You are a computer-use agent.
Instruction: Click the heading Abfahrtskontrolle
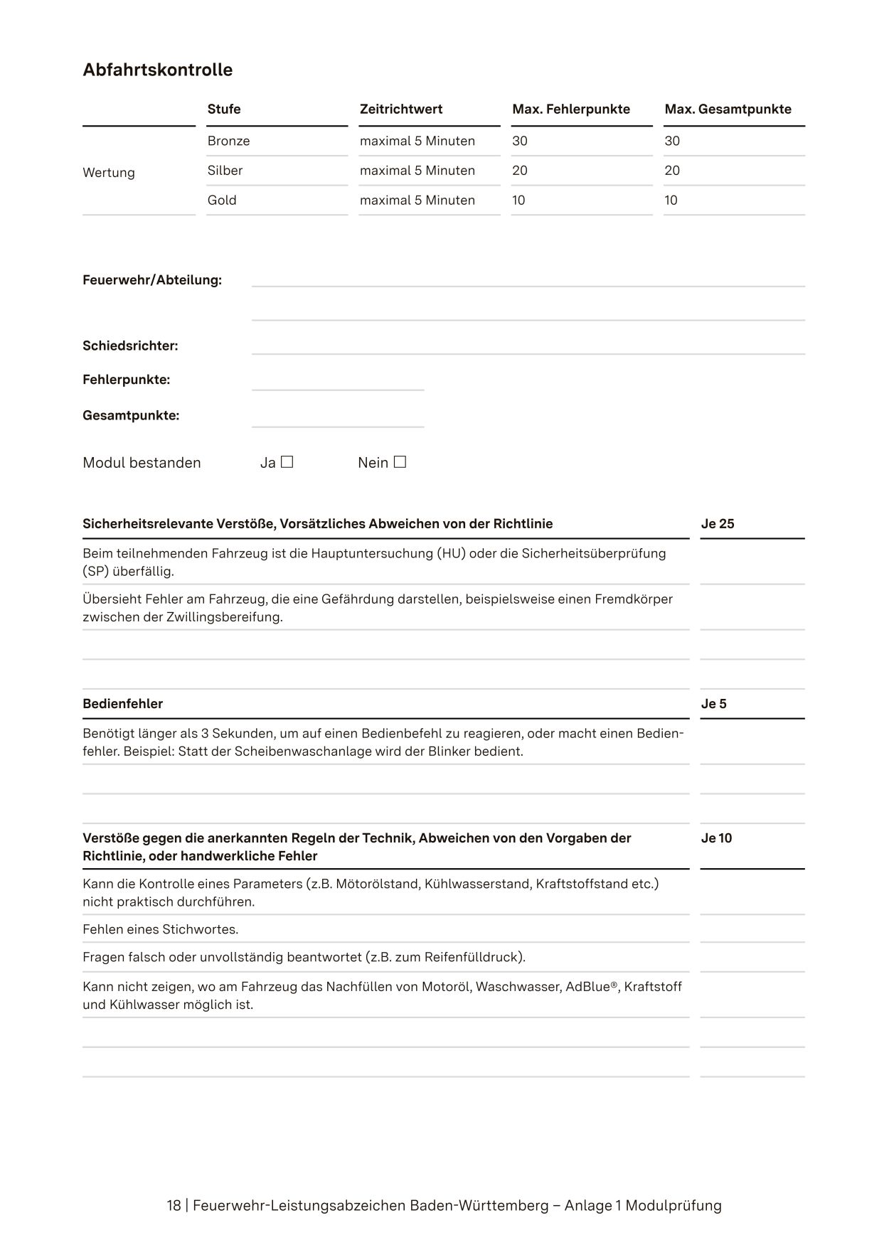[157, 70]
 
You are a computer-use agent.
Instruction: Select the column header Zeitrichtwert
[400, 109]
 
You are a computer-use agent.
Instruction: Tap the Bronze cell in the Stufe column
[228, 141]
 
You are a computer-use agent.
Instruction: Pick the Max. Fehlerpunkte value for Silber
[520, 171]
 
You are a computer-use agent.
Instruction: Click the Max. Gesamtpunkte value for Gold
[671, 200]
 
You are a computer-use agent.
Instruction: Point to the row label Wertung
[109, 173]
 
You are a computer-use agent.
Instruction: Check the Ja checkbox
[287, 462]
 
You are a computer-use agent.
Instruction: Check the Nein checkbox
[400, 462]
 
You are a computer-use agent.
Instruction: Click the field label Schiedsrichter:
[130, 346]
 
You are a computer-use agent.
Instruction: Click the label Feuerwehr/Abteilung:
[152, 280]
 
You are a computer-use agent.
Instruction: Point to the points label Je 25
[717, 524]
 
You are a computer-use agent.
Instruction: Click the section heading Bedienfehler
[122, 704]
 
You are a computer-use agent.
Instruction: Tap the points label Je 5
[713, 704]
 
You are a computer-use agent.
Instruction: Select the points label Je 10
[716, 838]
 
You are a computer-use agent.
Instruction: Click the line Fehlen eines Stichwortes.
[160, 929]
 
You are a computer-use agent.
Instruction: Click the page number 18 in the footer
[174, 1206]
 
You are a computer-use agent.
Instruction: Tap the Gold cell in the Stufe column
[222, 200]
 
